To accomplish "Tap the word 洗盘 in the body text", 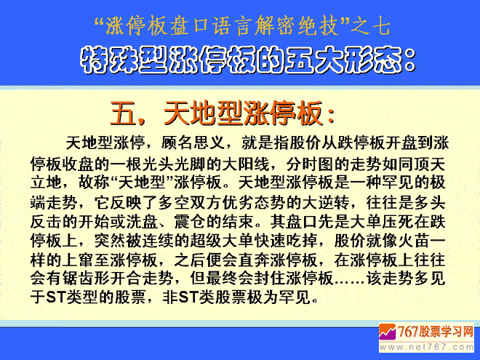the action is point(142,222).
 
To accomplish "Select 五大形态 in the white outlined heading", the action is point(343,60).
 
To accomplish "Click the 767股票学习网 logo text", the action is point(436,332).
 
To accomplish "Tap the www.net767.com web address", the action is point(426,347).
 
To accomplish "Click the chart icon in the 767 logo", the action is point(388,332).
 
